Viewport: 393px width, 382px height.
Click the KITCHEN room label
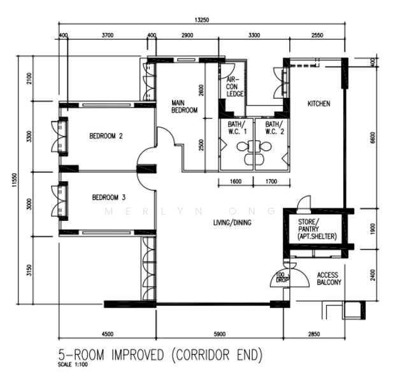[x=319, y=104]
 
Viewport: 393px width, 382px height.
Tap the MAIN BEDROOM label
[x=185, y=106]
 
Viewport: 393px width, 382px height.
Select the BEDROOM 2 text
[x=106, y=136]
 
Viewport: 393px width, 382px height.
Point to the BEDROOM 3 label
[x=109, y=197]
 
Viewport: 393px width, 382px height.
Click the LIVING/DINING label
[x=232, y=222]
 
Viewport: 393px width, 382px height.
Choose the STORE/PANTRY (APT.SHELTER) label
[x=317, y=229]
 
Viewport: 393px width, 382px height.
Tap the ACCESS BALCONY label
[x=329, y=279]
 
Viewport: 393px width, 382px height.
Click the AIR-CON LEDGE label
[x=235, y=87]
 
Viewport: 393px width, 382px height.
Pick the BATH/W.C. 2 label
[x=275, y=128]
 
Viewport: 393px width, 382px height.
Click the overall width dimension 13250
[x=202, y=20]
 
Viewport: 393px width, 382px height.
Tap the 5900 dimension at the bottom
[x=220, y=334]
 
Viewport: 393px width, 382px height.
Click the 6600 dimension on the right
[x=373, y=138]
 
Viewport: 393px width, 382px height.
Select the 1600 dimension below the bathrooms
[x=236, y=181]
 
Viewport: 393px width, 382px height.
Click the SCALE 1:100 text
[x=73, y=364]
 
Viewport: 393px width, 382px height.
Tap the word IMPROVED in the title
[x=138, y=355]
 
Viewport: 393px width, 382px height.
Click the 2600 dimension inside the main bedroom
[x=201, y=90]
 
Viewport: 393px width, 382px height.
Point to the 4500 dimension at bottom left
[x=108, y=334]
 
